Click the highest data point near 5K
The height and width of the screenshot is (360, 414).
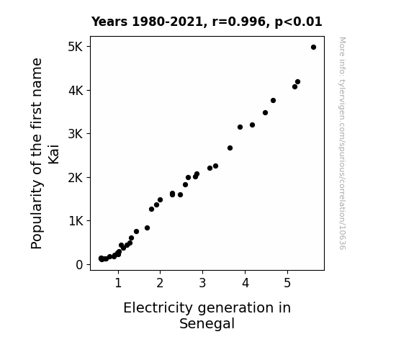(x=313, y=48)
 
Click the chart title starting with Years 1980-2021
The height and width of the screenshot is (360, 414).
(x=207, y=22)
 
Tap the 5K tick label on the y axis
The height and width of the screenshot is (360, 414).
(x=76, y=47)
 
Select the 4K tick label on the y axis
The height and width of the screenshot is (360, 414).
(x=76, y=91)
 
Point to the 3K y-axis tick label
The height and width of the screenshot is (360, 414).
(x=76, y=134)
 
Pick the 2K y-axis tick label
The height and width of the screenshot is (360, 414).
(x=76, y=178)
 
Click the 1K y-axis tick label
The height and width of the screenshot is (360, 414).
(x=76, y=221)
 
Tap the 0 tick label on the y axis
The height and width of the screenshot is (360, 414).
(x=79, y=265)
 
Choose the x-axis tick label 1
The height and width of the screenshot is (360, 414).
(x=118, y=283)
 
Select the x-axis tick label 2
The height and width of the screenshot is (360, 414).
(x=160, y=283)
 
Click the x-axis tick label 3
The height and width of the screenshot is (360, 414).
(x=202, y=283)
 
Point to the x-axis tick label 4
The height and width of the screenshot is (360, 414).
(x=246, y=283)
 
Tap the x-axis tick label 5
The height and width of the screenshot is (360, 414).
(x=287, y=283)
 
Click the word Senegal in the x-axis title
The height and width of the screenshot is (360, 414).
(x=207, y=324)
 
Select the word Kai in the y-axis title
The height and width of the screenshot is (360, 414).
(x=53, y=154)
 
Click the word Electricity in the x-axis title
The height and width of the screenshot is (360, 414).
(x=158, y=308)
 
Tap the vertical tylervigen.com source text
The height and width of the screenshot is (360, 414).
(x=343, y=143)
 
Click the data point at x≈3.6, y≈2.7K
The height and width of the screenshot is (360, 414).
(x=230, y=148)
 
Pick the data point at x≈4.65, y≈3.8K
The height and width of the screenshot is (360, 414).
(x=274, y=100)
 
